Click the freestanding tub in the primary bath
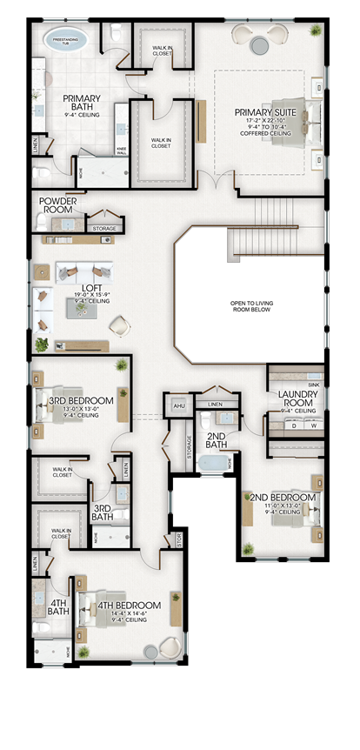pos(70,46)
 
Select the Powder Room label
pos(58,205)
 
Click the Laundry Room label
pos(298,399)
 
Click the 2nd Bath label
pos(216,439)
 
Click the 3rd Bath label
pos(103,512)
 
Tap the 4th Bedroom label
pos(129,606)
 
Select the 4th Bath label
pos(59,606)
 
